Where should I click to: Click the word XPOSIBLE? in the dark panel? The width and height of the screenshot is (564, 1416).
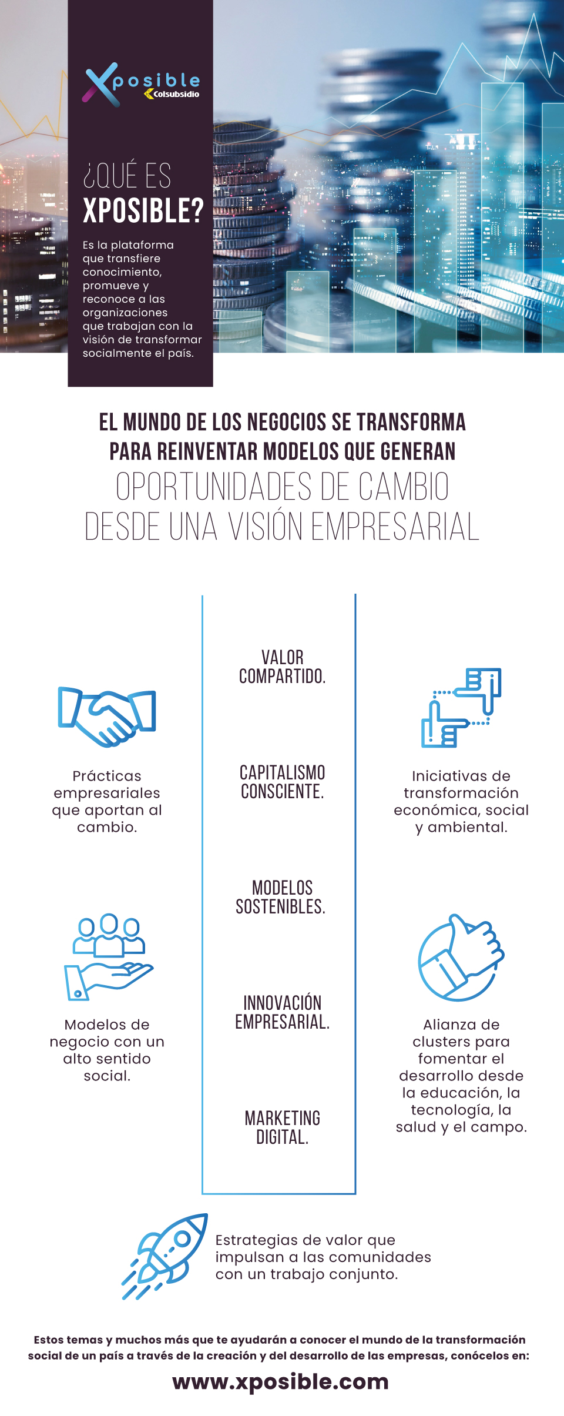[x=143, y=210]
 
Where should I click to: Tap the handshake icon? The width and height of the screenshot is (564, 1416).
[x=107, y=717]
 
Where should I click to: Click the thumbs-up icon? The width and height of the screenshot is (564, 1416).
[x=461, y=956]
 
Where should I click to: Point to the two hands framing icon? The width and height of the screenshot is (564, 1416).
[x=461, y=708]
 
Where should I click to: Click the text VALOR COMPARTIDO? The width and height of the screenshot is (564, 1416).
[x=282, y=667]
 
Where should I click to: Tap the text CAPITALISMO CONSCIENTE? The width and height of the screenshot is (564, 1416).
[x=282, y=782]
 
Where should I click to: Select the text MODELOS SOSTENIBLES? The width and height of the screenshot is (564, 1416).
[x=281, y=897]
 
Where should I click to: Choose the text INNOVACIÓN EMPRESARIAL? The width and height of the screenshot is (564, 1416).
[x=282, y=1012]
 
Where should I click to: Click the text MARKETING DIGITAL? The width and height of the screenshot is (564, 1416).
[x=282, y=1127]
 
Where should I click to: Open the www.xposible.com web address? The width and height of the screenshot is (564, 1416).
[x=281, y=1382]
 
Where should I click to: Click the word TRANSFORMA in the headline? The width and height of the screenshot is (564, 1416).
[x=411, y=422]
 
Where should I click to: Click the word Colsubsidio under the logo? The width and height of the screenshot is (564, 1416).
[x=176, y=94]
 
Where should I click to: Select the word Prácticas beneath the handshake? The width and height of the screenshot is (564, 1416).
[x=107, y=776]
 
